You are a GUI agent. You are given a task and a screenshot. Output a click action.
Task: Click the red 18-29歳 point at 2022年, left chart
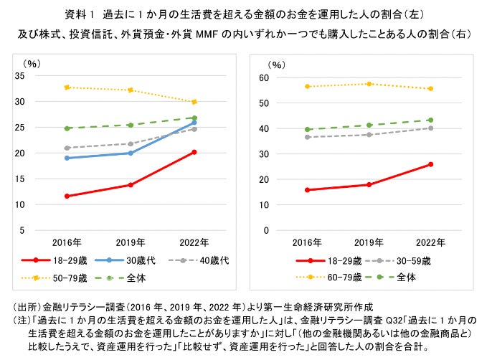point(194,152)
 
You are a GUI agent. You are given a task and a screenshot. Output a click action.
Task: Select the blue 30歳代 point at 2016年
point(67,158)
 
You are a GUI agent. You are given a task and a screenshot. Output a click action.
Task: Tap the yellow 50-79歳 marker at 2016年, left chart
point(67,87)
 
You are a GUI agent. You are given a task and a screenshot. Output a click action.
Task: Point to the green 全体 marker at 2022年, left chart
point(194,118)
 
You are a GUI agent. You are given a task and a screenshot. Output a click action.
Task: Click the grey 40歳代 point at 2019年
point(131,143)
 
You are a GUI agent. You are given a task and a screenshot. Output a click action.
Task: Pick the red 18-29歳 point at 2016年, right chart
point(308,190)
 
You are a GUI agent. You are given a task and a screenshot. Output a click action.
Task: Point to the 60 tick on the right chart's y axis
point(263,77)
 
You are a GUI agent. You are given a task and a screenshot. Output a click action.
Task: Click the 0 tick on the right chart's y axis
point(266,230)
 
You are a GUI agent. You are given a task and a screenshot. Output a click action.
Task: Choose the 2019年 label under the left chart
point(131,242)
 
